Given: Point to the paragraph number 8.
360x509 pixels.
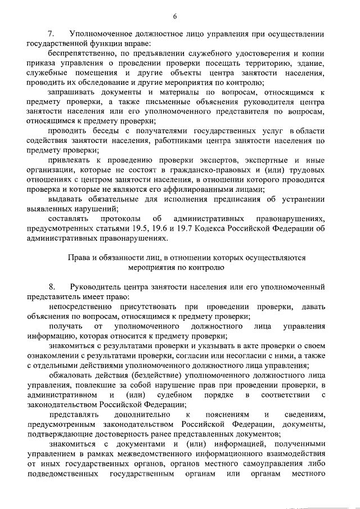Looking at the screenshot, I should tap(51, 287).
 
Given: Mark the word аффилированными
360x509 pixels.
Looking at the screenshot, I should tap(213, 190).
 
